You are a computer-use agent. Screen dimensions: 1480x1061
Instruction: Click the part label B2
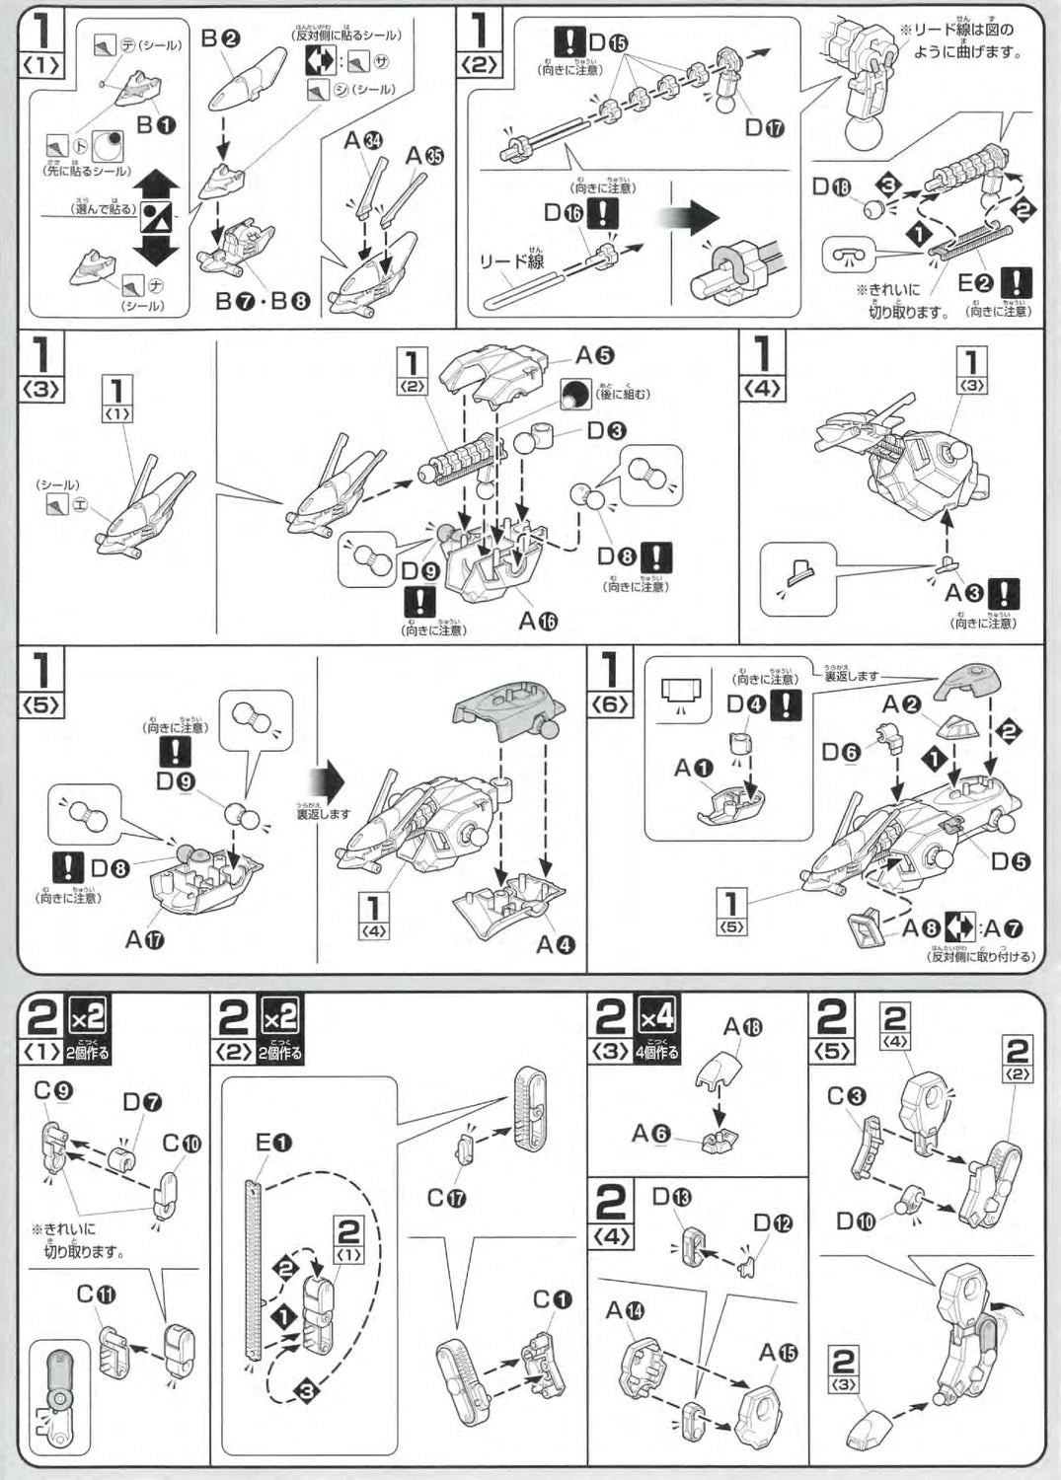tap(220, 38)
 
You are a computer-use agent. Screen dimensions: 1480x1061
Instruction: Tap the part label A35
tap(424, 156)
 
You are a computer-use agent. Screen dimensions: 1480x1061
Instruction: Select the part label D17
tap(765, 126)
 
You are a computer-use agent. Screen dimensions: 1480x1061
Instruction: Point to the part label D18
tap(831, 186)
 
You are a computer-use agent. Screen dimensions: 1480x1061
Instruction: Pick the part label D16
tap(565, 212)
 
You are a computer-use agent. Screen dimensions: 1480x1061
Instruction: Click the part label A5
tap(595, 355)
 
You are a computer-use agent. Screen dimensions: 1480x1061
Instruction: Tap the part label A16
tap(538, 621)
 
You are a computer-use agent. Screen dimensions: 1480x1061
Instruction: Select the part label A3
tap(964, 593)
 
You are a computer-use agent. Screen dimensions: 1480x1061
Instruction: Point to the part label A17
tap(144, 939)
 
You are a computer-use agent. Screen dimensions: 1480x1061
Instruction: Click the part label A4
tap(555, 944)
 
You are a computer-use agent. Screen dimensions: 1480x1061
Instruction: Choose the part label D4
tap(746, 704)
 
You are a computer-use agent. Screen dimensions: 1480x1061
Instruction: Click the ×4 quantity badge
tap(656, 1015)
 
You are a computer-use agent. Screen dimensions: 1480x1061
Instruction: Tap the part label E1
tap(273, 1143)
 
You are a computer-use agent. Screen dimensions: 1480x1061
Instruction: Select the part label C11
tap(96, 1294)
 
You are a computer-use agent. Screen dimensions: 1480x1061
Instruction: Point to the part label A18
tap(742, 1027)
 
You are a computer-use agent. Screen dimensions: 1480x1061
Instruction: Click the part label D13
tap(671, 1197)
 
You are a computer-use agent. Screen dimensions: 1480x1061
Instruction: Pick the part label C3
tap(846, 1096)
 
